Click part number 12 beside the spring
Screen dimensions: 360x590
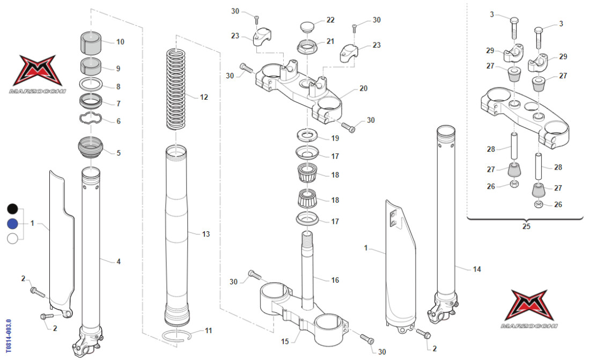[204, 98]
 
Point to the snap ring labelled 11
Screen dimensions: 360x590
[177, 336]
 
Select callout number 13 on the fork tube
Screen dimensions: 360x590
[206, 234]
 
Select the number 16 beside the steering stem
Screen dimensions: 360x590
[335, 280]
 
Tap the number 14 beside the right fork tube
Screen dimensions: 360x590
[476, 270]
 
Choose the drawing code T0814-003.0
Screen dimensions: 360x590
[7, 338]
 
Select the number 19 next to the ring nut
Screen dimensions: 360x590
[335, 138]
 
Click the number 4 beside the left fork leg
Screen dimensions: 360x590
[119, 261]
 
